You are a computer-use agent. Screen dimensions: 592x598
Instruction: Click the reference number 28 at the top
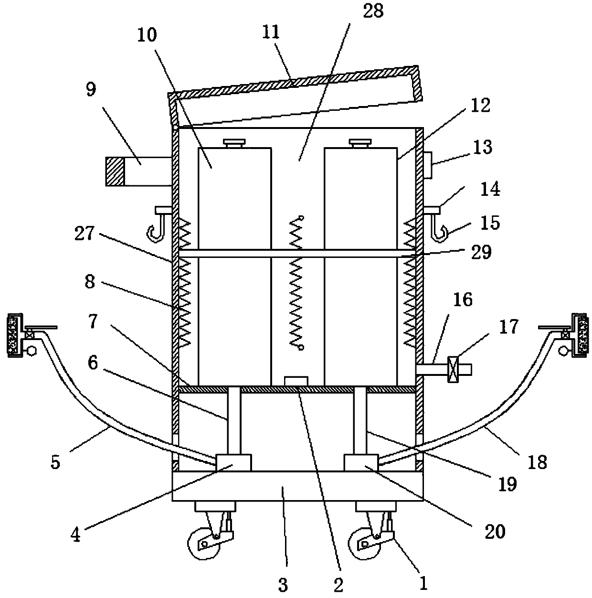pyautogui.click(x=373, y=11)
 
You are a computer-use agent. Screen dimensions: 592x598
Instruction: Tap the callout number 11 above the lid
pyautogui.click(x=271, y=32)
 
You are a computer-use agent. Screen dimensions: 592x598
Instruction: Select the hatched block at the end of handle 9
pyautogui.click(x=115, y=171)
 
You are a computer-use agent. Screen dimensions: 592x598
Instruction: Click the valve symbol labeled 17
pyautogui.click(x=453, y=369)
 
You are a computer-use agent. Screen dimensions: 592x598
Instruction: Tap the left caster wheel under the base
pyautogui.click(x=203, y=543)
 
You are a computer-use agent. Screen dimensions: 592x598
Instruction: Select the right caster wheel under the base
pyautogui.click(x=364, y=543)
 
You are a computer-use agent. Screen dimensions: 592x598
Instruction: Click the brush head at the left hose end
pyautogui.click(x=15, y=335)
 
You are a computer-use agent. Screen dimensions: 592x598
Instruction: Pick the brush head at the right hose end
pyautogui.click(x=579, y=335)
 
